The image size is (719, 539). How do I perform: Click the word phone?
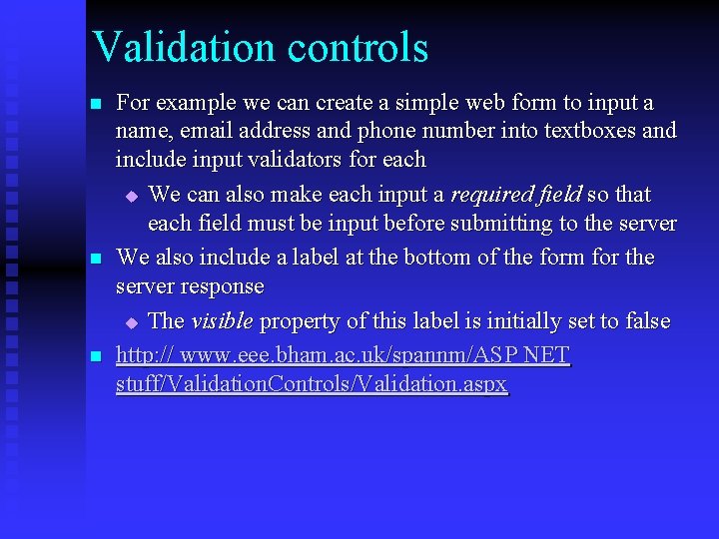click(385, 131)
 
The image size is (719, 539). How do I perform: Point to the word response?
click(226, 286)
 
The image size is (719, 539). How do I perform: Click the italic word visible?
click(222, 321)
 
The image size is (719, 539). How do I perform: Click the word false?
click(646, 321)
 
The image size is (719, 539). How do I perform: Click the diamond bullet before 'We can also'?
click(131, 196)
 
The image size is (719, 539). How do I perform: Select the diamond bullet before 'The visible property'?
click(131, 322)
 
